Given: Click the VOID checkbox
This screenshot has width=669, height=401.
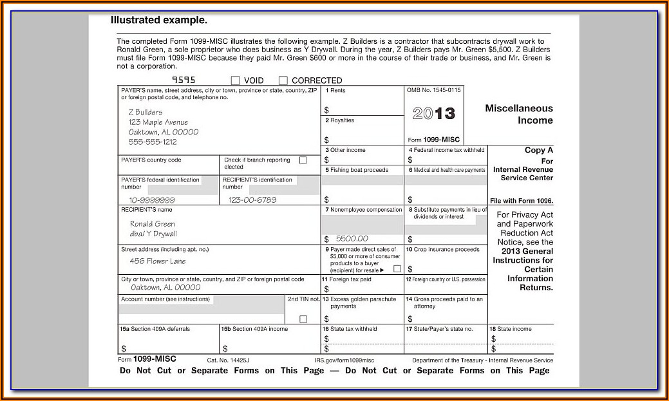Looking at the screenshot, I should point(235,80).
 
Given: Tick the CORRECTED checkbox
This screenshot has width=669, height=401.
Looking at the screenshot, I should point(283,80).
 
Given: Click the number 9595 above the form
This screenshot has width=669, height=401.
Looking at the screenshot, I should point(183,80).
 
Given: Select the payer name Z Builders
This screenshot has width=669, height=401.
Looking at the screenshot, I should point(146,112).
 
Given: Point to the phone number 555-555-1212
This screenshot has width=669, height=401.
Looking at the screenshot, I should point(153,142).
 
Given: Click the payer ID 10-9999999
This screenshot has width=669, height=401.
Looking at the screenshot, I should point(152,200).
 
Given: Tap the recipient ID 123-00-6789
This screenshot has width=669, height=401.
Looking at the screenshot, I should point(252,200).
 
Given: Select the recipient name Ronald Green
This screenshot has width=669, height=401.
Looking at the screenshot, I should point(153,224).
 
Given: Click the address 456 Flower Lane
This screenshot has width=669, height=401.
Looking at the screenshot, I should point(158,261).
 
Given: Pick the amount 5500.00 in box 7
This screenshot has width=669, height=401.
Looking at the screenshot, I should point(352,239).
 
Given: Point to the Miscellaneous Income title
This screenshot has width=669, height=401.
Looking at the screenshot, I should point(519,115).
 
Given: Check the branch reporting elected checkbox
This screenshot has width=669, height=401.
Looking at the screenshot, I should point(303,160).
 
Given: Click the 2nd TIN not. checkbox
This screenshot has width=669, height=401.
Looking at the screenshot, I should point(303,319).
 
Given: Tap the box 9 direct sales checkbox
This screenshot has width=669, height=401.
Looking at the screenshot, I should point(397,269).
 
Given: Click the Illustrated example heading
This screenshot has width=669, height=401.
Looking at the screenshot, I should point(159,20).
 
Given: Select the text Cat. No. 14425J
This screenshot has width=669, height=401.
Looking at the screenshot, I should point(228,360).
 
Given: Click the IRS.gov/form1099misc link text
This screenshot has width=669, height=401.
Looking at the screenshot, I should point(344,360).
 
